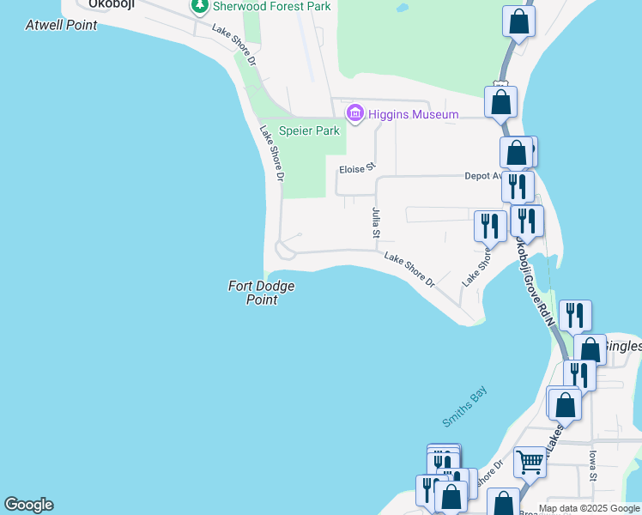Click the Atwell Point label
point(61,25)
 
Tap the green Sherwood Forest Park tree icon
point(200,7)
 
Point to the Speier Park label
point(310,131)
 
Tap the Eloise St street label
point(357,169)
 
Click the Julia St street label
point(375,221)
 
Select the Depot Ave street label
point(482,176)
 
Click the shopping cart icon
point(530,462)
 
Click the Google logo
point(28,505)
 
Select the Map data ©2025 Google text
point(589,508)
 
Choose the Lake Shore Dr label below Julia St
point(409,270)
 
